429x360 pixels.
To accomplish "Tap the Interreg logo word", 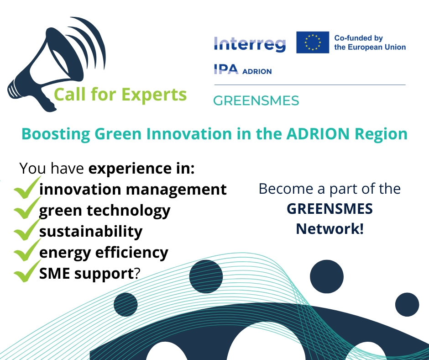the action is click(x=250, y=44).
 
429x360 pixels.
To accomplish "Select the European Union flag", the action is click(x=313, y=42).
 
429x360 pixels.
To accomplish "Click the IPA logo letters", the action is click(x=226, y=69).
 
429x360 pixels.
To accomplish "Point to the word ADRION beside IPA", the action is click(x=257, y=71).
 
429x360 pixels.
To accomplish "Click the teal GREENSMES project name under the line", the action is click(x=256, y=101).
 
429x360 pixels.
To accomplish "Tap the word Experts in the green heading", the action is click(x=154, y=95).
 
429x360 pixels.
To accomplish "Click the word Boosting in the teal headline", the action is click(x=56, y=134).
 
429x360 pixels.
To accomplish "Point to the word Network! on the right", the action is click(x=330, y=229).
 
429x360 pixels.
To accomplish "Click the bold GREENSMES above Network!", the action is click(x=330, y=209).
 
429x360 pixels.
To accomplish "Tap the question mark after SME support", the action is click(x=137, y=273).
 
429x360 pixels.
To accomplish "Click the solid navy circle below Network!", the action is click(x=326, y=276).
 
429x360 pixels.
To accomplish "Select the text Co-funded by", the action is click(x=358, y=38).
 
